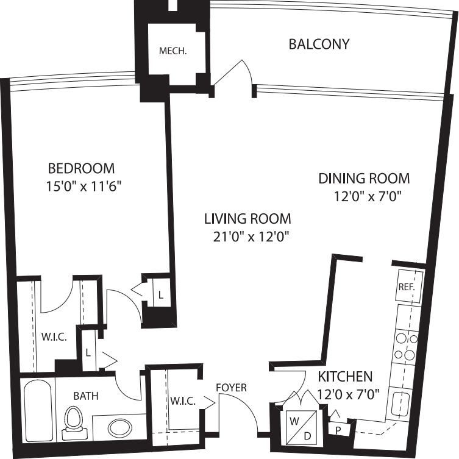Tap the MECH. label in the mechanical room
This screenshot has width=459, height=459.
pyautogui.click(x=173, y=51)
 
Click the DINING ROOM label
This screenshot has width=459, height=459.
pyautogui.click(x=364, y=179)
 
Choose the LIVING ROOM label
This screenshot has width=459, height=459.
pyautogui.click(x=247, y=218)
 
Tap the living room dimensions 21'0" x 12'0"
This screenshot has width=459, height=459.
pyautogui.click(x=247, y=237)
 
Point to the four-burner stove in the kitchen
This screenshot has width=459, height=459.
pyautogui.click(x=406, y=346)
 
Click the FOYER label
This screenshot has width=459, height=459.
pyautogui.click(x=232, y=388)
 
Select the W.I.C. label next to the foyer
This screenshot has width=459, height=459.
pyautogui.click(x=183, y=401)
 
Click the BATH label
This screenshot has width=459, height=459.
pyautogui.click(x=85, y=396)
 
